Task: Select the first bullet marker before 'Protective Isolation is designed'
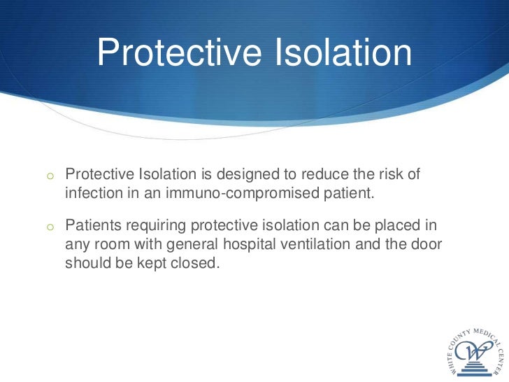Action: (x=51, y=175)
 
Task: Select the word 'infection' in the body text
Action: (x=92, y=192)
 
